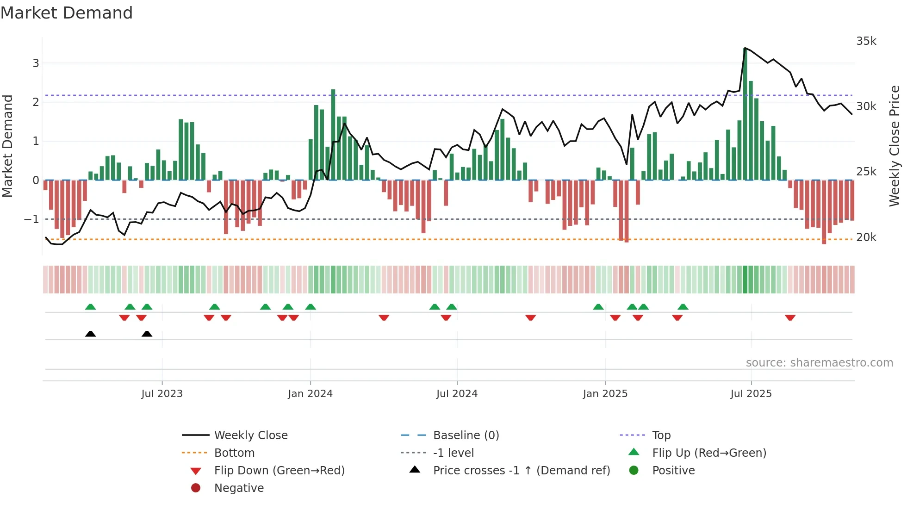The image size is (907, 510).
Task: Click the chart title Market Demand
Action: [67, 13]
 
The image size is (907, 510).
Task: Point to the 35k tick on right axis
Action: [866, 41]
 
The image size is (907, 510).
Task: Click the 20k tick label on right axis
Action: [866, 237]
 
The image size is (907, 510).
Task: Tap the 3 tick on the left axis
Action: [36, 63]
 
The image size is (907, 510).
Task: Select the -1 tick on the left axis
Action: [32, 219]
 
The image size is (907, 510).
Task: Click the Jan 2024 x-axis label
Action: [310, 394]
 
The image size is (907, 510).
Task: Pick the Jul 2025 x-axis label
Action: [751, 394]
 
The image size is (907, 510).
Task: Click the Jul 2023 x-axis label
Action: [162, 394]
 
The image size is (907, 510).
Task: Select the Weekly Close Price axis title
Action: [894, 146]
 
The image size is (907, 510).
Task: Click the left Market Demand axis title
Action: [8, 146]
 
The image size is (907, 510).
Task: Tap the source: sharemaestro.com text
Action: [819, 362]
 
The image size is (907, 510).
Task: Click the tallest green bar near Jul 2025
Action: [745, 113]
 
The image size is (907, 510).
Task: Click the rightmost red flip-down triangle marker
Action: [790, 317]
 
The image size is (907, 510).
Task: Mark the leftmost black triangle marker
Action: [91, 334]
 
